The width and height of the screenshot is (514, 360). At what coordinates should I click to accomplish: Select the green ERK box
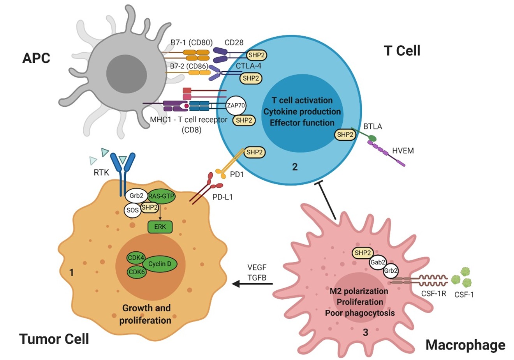(x=160, y=227)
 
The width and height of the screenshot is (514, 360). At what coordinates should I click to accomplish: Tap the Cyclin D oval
(x=160, y=264)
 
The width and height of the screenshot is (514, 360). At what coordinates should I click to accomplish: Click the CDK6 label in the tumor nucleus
(x=137, y=272)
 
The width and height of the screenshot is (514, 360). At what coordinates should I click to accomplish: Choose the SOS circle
(x=132, y=210)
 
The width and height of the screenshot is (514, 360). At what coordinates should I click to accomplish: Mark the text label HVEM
(x=403, y=151)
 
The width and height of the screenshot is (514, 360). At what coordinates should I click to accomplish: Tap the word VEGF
(x=256, y=268)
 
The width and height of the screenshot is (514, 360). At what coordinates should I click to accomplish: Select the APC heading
(x=36, y=58)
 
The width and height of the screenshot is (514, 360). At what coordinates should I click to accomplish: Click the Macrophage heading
(x=465, y=345)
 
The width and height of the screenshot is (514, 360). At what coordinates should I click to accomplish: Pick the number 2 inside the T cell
(x=295, y=167)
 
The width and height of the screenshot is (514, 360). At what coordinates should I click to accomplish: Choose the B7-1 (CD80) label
(x=191, y=42)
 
